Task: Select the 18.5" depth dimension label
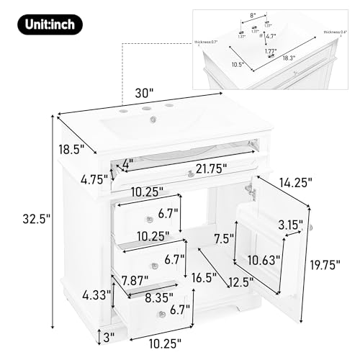tap(71, 150)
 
